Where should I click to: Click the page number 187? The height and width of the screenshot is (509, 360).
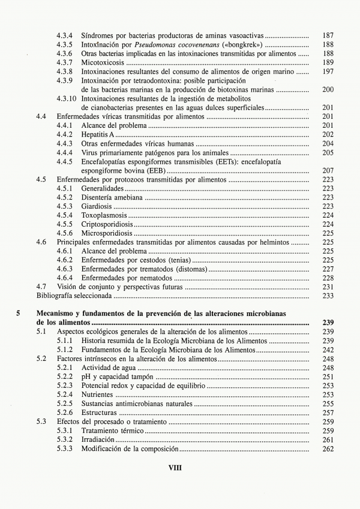tap(328, 36)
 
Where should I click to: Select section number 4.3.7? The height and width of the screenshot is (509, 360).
tap(65, 62)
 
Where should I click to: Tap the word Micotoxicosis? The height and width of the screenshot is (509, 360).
tap(103, 62)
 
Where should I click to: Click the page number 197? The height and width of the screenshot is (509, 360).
tap(328, 71)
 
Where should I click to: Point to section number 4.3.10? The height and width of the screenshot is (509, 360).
tap(67, 98)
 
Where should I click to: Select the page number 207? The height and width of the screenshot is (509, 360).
tap(328, 170)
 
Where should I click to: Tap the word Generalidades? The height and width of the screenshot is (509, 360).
tap(103, 188)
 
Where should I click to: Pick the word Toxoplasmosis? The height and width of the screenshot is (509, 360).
tap(104, 215)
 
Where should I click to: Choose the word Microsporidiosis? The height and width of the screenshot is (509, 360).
tap(107, 233)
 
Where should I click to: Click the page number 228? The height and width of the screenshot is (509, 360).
tap(328, 278)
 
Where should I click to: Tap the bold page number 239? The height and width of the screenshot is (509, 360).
tap(328, 323)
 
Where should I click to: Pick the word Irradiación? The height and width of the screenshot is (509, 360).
tap(98, 439)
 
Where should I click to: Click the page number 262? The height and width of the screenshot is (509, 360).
tap(328, 448)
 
